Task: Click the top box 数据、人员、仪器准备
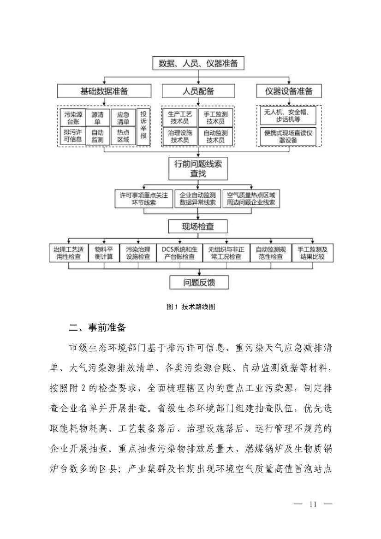tap(198, 64)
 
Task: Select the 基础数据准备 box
tap(104, 91)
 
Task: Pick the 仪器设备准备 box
tap(289, 91)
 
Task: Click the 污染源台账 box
tap(72, 118)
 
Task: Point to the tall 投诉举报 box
tap(143, 126)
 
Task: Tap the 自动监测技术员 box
tap(215, 136)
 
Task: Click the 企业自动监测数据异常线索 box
tap(198, 198)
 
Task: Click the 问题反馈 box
tap(198, 282)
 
